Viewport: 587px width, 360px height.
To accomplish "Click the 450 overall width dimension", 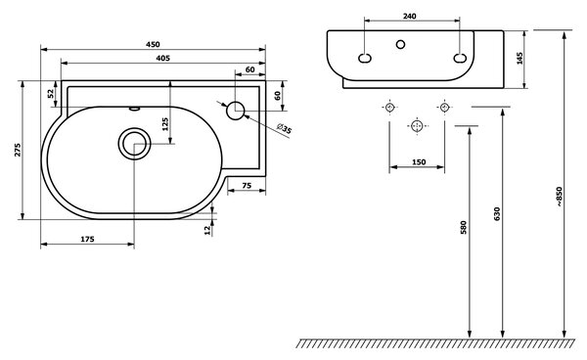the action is tap(153, 44).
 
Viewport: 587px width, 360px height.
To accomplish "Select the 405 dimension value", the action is tap(162, 58).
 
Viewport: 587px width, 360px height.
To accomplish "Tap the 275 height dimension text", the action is tap(18, 150).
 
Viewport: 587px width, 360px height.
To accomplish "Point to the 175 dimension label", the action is tap(88, 239).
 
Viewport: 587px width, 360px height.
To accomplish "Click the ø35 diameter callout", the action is tap(284, 128).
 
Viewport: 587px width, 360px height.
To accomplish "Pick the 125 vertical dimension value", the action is tap(165, 124).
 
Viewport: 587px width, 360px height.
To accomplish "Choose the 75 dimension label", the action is tap(247, 186).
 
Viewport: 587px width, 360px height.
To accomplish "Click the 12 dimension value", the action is tap(207, 230).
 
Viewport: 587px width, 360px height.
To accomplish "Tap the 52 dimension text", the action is tap(51, 94).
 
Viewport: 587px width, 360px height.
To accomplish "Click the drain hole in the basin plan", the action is tap(134, 144).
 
